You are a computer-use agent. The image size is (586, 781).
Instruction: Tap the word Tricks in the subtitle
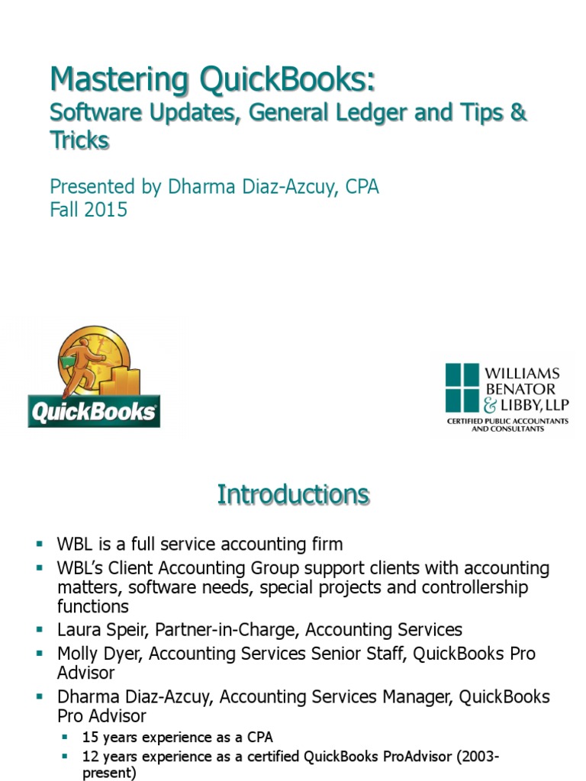click(79, 140)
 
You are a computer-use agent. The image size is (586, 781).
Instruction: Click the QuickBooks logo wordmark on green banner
click(93, 413)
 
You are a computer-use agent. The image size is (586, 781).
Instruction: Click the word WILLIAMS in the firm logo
click(523, 374)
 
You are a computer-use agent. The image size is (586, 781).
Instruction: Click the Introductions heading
click(293, 494)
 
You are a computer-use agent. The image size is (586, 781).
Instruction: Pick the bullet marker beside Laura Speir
click(40, 630)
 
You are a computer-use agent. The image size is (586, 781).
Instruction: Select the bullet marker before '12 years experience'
click(67, 757)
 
